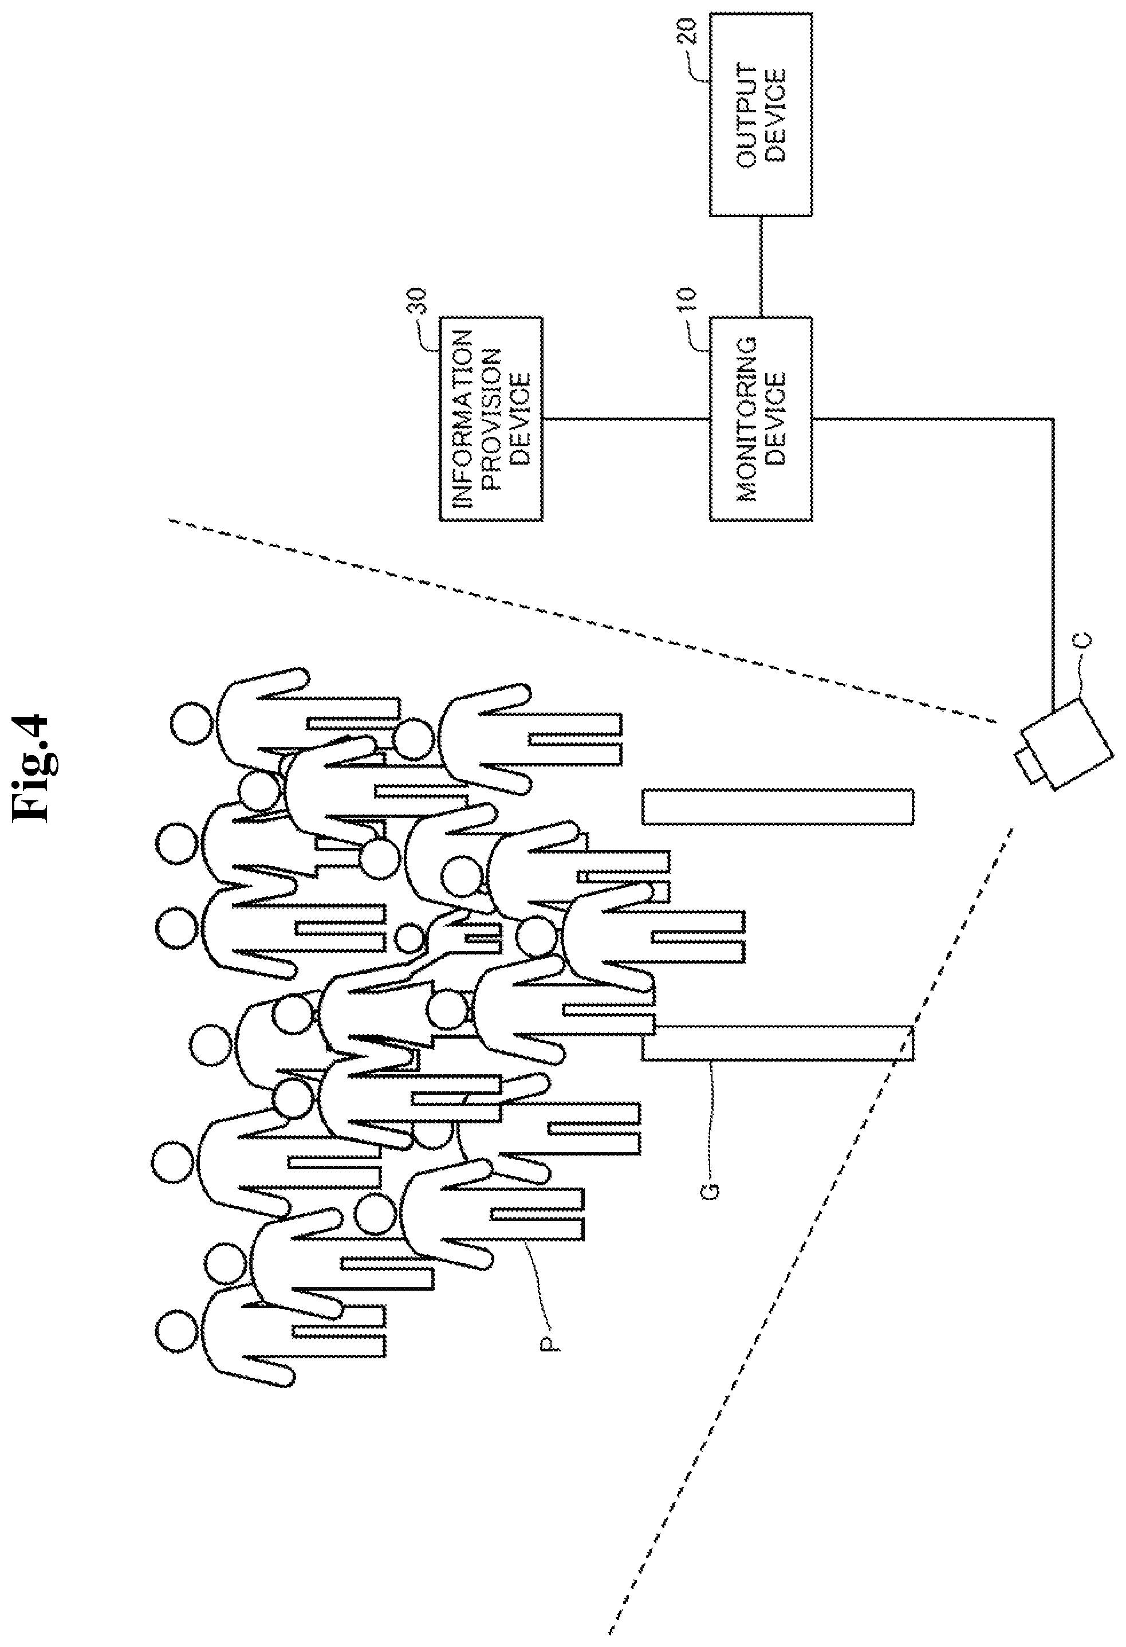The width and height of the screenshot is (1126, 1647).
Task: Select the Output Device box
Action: [x=761, y=114]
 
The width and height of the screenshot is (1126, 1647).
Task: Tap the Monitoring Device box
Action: [x=761, y=419]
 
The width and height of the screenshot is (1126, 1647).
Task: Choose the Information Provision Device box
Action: [x=491, y=419]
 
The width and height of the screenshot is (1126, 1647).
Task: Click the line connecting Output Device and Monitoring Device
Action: [x=761, y=266]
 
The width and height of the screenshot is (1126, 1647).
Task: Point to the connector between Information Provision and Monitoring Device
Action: [x=627, y=419]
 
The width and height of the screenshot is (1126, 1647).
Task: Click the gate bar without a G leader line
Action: [x=777, y=807]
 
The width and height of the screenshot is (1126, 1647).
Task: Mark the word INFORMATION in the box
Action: [x=464, y=419]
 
